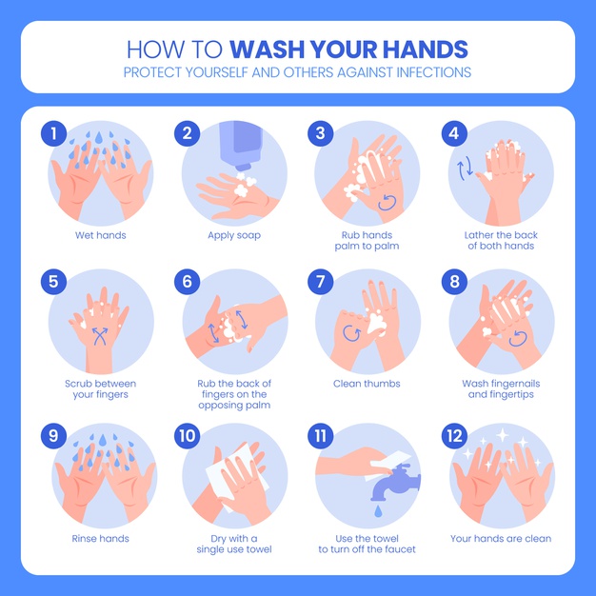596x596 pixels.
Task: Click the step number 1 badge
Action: click(x=53, y=133)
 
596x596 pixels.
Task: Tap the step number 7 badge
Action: click(x=321, y=282)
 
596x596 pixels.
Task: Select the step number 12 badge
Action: click(x=454, y=436)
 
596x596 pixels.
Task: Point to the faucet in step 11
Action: click(x=395, y=482)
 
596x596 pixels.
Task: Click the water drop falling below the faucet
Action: click(x=378, y=511)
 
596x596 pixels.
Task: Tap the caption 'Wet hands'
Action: click(x=100, y=235)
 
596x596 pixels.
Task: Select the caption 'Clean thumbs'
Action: click(x=367, y=384)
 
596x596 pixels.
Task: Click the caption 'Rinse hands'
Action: click(x=100, y=539)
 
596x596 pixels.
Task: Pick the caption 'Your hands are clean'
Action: click(x=501, y=539)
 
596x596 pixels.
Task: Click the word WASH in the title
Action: click(x=267, y=50)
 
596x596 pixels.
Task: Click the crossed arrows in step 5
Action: click(x=100, y=336)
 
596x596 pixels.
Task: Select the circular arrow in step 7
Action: click(x=351, y=333)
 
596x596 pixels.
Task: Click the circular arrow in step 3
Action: click(x=387, y=202)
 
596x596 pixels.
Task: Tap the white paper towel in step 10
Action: click(x=235, y=475)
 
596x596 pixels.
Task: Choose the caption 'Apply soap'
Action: click(x=234, y=236)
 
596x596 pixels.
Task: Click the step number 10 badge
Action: click(x=187, y=436)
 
